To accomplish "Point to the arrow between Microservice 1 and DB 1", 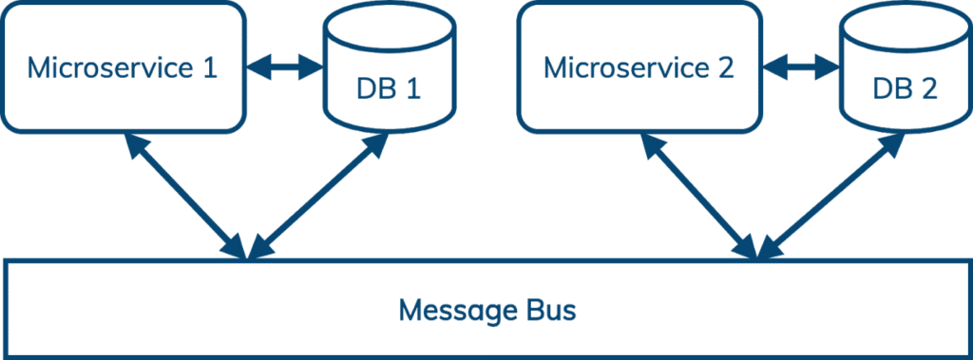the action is (283, 67).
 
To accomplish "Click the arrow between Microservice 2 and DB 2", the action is (800, 67).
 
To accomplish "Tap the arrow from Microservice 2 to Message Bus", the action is (699, 196).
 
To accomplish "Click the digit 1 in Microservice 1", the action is (210, 67).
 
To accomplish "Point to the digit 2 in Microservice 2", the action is (727, 67).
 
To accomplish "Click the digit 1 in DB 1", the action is (413, 88).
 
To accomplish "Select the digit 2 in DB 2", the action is (929, 88).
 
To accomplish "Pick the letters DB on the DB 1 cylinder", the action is (376, 88).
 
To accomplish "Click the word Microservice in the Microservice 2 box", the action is (627, 67).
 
